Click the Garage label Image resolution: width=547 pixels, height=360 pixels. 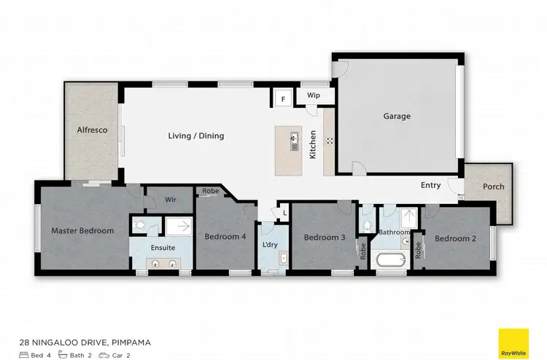pyautogui.click(x=397, y=116)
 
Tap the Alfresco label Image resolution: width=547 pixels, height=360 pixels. pyautogui.click(x=93, y=130)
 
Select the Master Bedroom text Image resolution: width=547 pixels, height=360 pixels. pyautogui.click(x=82, y=231)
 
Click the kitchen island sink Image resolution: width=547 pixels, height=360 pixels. pyautogui.click(x=294, y=139)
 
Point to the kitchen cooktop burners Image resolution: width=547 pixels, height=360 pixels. pyautogui.click(x=329, y=140)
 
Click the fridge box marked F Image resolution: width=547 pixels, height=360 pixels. pyautogui.click(x=282, y=97)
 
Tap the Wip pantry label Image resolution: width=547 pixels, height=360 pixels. pyautogui.click(x=314, y=95)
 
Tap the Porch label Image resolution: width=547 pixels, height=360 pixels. pyautogui.click(x=494, y=187)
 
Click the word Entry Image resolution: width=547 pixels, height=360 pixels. pyautogui.click(x=430, y=185)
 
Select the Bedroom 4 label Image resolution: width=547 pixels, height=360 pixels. pyautogui.click(x=225, y=237)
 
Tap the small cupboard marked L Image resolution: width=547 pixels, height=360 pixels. pyautogui.click(x=284, y=214)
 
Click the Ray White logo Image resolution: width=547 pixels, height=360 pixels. pyautogui.click(x=513, y=343)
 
